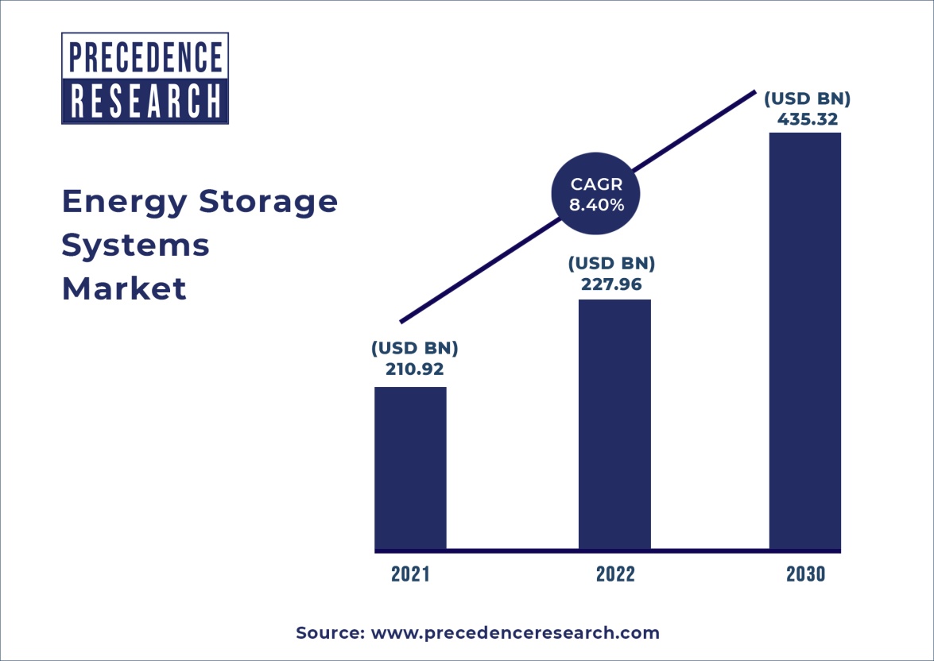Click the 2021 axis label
[x=410, y=574]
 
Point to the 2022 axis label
[x=615, y=574]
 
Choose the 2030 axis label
[x=805, y=574]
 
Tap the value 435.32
[x=807, y=120]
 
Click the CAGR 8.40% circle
[x=597, y=195]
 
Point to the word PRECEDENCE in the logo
[x=145, y=57]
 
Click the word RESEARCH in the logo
[x=145, y=100]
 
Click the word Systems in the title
[x=135, y=245]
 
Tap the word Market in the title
[x=124, y=288]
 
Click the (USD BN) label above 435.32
[x=807, y=99]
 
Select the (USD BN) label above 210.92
[x=414, y=348]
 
